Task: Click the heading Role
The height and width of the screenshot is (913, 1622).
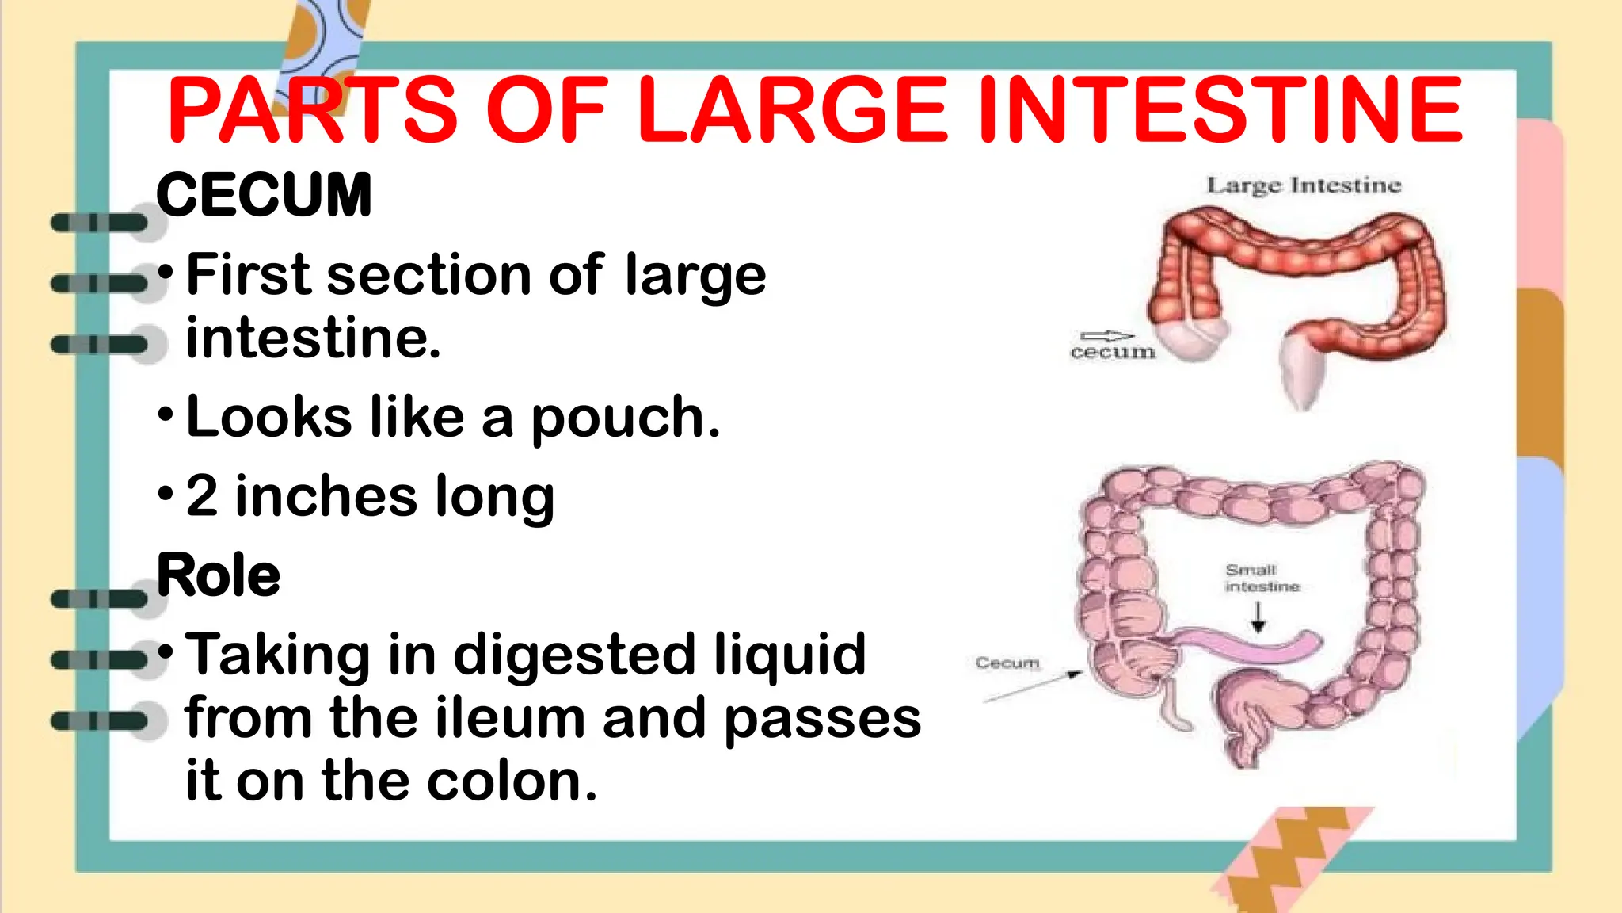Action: [x=219, y=575]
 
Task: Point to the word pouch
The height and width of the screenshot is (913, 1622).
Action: [x=626, y=418]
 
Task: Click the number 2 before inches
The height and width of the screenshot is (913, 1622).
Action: [x=202, y=496]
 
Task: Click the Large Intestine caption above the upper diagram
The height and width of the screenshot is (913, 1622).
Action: [x=1304, y=185]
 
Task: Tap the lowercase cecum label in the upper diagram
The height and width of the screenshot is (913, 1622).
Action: [x=1113, y=352]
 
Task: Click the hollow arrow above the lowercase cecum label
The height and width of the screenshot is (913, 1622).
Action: [x=1107, y=336]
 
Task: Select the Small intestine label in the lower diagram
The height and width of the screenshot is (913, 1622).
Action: [x=1262, y=578]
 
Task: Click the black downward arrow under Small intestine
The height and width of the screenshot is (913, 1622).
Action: [x=1258, y=617]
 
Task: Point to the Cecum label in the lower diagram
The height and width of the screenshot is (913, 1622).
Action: [x=1007, y=663]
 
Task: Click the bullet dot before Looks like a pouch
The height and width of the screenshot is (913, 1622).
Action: [x=165, y=414]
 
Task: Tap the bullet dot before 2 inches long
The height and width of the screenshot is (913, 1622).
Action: [x=165, y=494]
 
